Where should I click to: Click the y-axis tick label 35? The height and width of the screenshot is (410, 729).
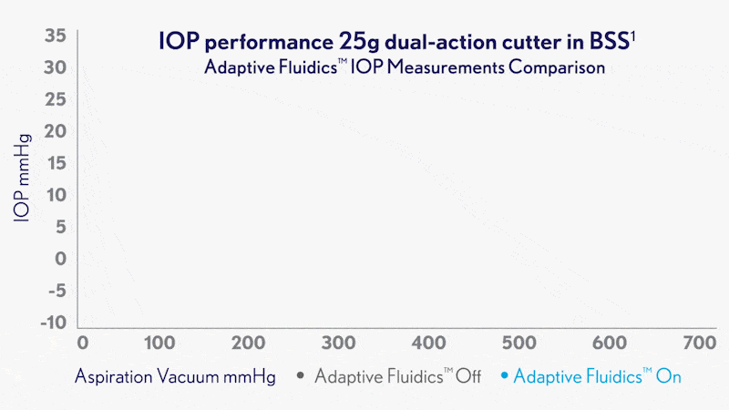[x=55, y=36]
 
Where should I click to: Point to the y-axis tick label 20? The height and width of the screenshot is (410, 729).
[x=55, y=131]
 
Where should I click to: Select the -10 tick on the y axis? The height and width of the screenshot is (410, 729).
[x=53, y=323]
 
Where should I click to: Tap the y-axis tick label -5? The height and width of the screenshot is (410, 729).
[x=55, y=291]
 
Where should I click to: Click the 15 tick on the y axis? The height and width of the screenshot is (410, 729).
[x=55, y=163]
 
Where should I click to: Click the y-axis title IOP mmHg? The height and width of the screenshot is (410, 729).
[x=23, y=181]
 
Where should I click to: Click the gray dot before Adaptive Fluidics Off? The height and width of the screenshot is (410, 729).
[x=300, y=375]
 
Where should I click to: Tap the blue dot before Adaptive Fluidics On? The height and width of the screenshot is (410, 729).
[x=507, y=375]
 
